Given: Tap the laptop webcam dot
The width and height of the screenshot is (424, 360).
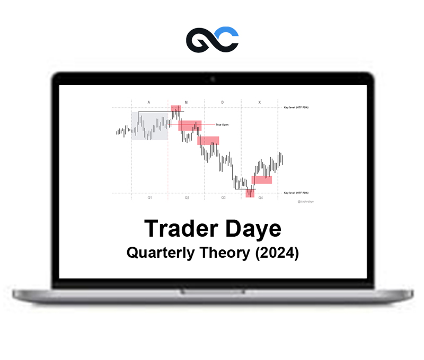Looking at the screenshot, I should [x=213, y=79].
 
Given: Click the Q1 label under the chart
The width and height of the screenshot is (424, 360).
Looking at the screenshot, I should [x=149, y=197].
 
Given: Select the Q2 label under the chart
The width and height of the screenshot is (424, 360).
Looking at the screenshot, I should [x=187, y=197].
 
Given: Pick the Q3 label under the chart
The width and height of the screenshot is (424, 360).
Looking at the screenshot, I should [x=223, y=197].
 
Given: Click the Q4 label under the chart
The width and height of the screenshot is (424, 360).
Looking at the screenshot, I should [x=260, y=197].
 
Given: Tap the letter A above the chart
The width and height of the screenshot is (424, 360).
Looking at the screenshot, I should [x=149, y=101].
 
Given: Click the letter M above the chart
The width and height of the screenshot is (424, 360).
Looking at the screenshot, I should [x=186, y=101].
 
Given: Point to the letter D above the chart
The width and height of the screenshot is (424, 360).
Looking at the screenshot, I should [x=223, y=101].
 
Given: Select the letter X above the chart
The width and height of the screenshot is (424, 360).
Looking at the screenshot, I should [x=260, y=101].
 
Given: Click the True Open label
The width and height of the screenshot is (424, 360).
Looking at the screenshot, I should [x=222, y=125].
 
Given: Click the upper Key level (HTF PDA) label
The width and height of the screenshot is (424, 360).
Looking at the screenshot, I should [x=296, y=107].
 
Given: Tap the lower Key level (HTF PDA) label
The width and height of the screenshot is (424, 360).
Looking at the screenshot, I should [x=296, y=193].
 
